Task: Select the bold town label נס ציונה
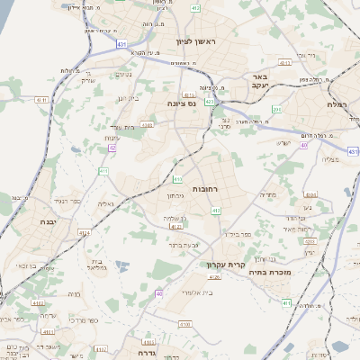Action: coord(183,103)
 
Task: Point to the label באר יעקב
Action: coord(262,83)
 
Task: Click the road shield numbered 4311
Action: coord(284,63)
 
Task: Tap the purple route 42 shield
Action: coord(112,148)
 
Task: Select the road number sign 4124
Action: coord(85,232)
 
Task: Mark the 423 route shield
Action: coord(209,103)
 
